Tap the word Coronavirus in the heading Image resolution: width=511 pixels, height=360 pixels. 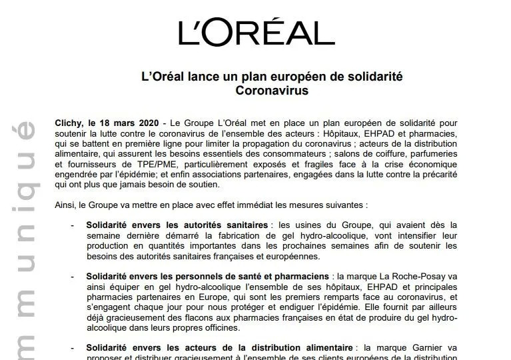tap(272, 91)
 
